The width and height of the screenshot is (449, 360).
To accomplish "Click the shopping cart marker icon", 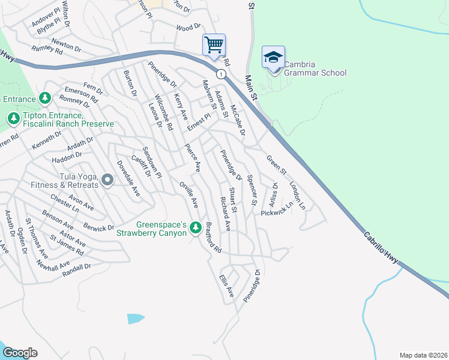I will click(x=214, y=45).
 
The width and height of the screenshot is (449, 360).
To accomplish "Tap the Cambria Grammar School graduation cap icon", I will click(x=273, y=58).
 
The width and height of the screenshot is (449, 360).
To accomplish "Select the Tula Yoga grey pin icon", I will click(x=107, y=180).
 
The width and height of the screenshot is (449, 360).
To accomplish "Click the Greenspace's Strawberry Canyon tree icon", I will click(x=195, y=227).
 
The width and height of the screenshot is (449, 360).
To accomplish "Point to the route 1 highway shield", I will click(x=221, y=74).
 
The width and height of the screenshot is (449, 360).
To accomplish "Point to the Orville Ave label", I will click(x=188, y=194).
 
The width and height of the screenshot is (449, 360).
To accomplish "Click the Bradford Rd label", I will click(x=213, y=238).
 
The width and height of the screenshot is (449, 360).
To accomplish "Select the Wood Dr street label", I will click(x=188, y=28).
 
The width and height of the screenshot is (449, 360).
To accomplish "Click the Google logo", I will click(x=19, y=353).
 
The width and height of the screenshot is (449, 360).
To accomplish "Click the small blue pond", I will click(x=136, y=319).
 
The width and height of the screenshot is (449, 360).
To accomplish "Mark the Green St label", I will click(x=277, y=163).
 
